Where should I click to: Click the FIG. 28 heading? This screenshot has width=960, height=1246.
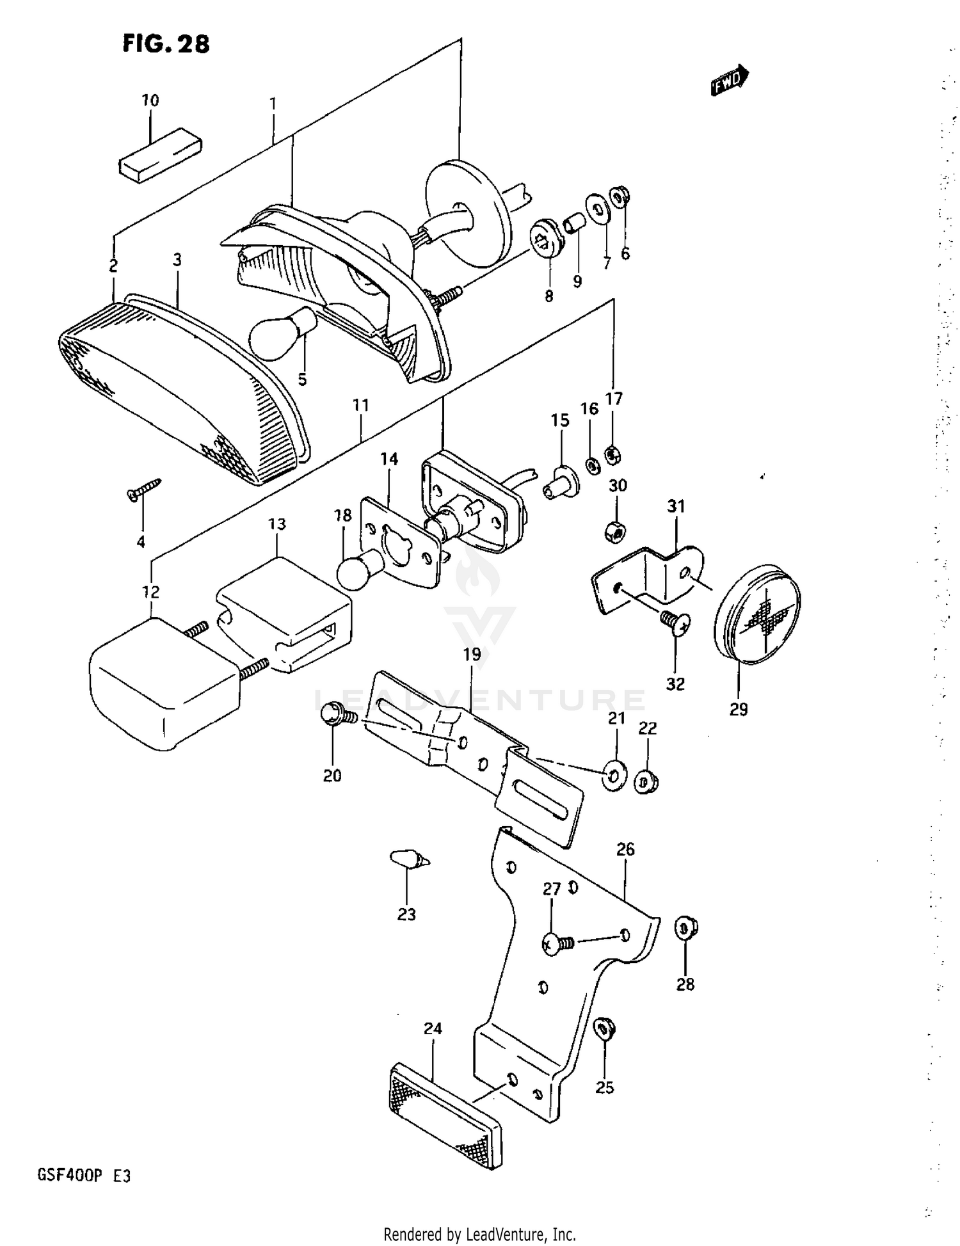click(166, 44)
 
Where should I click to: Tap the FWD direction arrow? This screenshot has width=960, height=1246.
click(729, 80)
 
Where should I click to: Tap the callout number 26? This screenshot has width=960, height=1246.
click(625, 849)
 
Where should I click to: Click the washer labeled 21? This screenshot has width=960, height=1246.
click(614, 776)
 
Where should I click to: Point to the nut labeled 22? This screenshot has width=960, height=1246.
click(646, 783)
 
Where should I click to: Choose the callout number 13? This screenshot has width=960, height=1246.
click(276, 524)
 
